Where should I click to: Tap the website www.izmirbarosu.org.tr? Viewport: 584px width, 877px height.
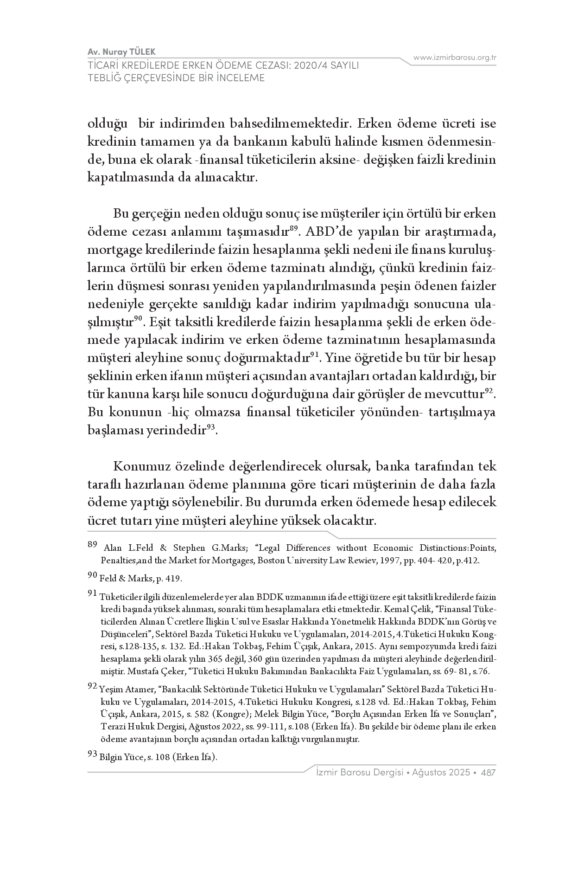[x=455, y=58]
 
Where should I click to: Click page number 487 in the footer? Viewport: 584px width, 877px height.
[x=489, y=773]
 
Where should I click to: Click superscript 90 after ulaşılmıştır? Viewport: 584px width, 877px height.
[x=138, y=318]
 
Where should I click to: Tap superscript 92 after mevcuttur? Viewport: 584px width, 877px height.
[x=489, y=391]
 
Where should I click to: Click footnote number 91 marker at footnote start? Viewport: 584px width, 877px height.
[x=92, y=593]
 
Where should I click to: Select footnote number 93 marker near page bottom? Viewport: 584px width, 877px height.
[x=92, y=755]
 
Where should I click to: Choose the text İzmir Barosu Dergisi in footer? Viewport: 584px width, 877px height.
[x=358, y=773]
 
